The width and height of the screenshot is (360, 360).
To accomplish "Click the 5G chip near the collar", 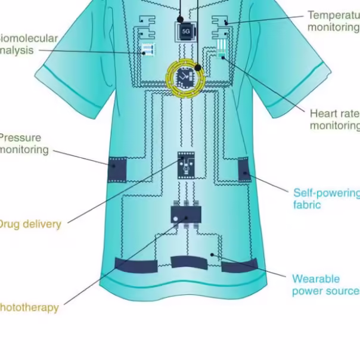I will tap(185, 30).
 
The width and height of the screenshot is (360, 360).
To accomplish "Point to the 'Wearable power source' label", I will tap(325, 284).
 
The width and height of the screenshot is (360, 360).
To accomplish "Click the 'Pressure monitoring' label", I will tap(24, 144).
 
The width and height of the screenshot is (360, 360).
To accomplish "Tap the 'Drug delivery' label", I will tap(29, 224).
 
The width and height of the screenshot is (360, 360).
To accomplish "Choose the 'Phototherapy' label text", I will tap(29, 308).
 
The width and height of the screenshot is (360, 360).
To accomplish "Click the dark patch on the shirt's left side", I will tap(117, 170).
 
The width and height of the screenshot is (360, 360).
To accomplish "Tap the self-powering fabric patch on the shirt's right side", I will tap(244, 169).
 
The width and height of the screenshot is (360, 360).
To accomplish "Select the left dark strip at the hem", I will tap(136, 265).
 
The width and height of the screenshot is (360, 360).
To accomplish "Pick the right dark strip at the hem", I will tap(239, 265).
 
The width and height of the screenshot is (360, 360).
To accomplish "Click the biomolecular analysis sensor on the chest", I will tap(147, 49).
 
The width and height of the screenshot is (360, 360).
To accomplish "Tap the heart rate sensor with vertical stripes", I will tap(222, 48).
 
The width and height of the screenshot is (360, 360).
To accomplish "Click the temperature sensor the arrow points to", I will tap(221, 23).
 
